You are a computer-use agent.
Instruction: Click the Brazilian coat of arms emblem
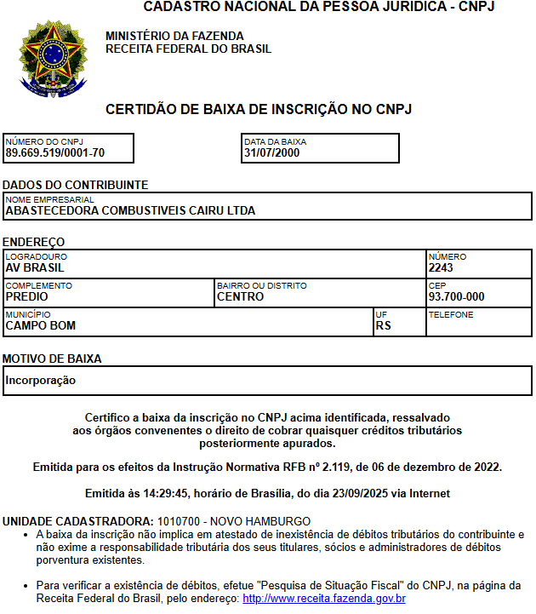pos(53,58)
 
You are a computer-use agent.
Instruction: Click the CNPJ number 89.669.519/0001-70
pos(55,153)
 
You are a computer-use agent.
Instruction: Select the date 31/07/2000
pos(271,153)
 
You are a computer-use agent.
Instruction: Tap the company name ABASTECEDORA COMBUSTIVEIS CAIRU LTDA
pos(130,210)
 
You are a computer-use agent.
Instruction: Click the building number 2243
pos(441,267)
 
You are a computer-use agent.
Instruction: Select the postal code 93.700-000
pos(457,296)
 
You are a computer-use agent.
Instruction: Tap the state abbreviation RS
pos(383,325)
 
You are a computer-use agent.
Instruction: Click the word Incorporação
pos(41,380)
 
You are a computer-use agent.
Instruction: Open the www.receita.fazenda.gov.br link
pos(323,599)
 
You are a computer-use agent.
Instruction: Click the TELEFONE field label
pos(451,314)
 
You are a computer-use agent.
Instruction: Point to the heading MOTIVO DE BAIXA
pos(64,359)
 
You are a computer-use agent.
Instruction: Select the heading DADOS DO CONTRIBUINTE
pos(75,185)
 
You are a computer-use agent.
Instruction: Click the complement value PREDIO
pos(26,296)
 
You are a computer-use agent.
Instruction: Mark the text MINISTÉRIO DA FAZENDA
pos(174,36)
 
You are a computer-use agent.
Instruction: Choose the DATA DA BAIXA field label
pos(275,142)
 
